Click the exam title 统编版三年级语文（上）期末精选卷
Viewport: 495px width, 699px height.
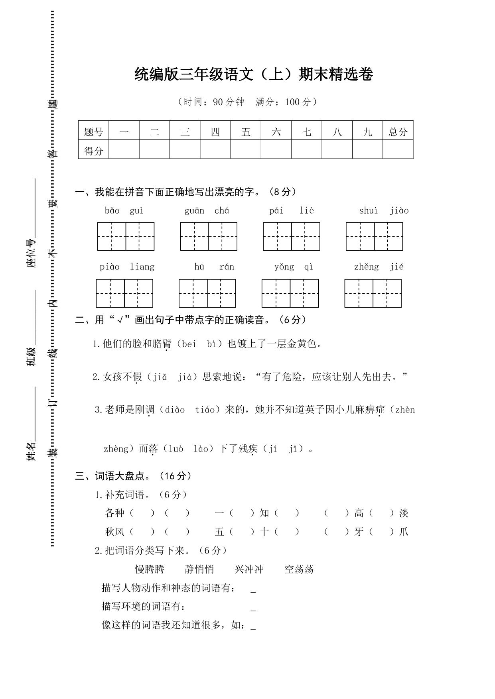pyautogui.click(x=254, y=75)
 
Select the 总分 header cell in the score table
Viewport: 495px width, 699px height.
pyautogui.click(x=398, y=132)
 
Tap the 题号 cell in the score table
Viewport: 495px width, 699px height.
pyautogui.click(x=94, y=132)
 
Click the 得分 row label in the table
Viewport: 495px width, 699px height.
pyautogui.click(x=94, y=151)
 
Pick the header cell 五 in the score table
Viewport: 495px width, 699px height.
pyautogui.click(x=246, y=132)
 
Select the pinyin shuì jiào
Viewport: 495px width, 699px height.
pyautogui.click(x=384, y=210)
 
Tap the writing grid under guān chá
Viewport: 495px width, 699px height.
pyautogui.click(x=209, y=236)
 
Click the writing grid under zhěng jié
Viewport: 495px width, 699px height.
pyautogui.click(x=373, y=293)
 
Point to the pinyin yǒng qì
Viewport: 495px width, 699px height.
pyautogui.click(x=294, y=267)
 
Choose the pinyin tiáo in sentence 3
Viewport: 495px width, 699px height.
pyautogui.click(x=205, y=410)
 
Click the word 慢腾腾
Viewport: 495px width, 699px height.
pyautogui.click(x=150, y=569)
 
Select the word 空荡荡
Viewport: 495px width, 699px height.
pyautogui.click(x=299, y=569)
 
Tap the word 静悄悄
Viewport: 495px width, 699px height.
pyautogui.click(x=199, y=569)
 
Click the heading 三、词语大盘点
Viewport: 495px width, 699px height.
pyautogui.click(x=134, y=476)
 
